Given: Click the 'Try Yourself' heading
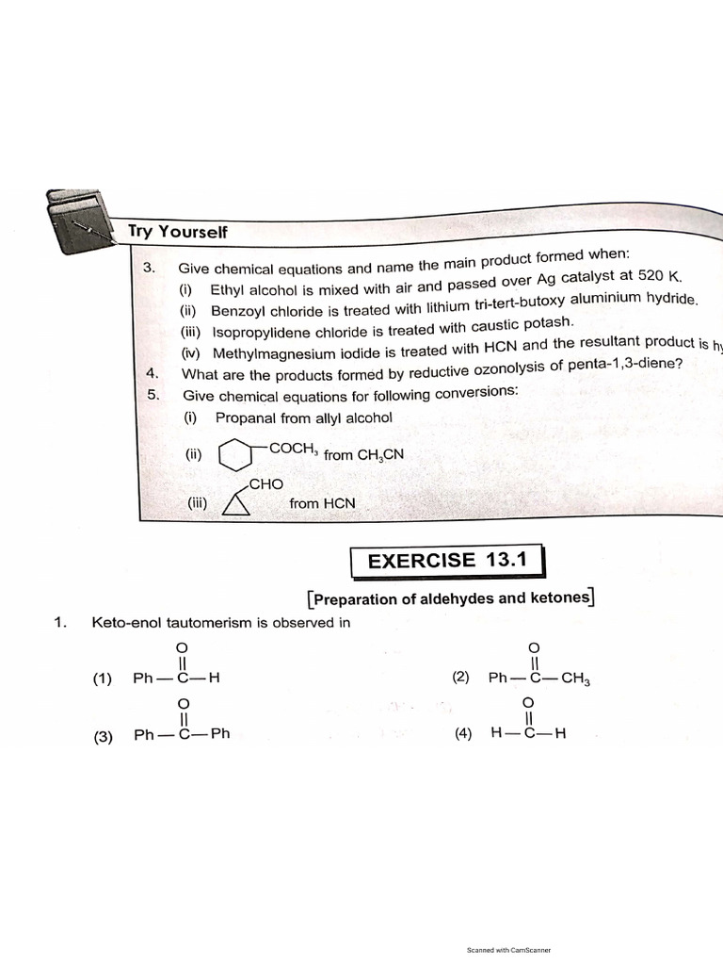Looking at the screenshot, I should coord(178,231).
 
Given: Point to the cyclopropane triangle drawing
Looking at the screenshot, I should coord(235,505).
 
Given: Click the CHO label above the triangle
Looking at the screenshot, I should coord(265,483).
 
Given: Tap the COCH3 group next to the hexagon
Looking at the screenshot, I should coord(291,449).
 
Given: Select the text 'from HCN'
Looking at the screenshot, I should coord(322,503).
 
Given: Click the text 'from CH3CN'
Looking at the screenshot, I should coord(363,454).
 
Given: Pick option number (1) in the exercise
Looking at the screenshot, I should coord(103,679).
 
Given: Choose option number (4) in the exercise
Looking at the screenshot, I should coord(462,735).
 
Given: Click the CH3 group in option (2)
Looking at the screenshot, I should coord(575,678).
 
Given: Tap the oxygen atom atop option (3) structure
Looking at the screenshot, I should coord(184,704).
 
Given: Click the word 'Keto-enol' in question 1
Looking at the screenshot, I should coord(122,622).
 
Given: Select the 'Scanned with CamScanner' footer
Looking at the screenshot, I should coord(508,950).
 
